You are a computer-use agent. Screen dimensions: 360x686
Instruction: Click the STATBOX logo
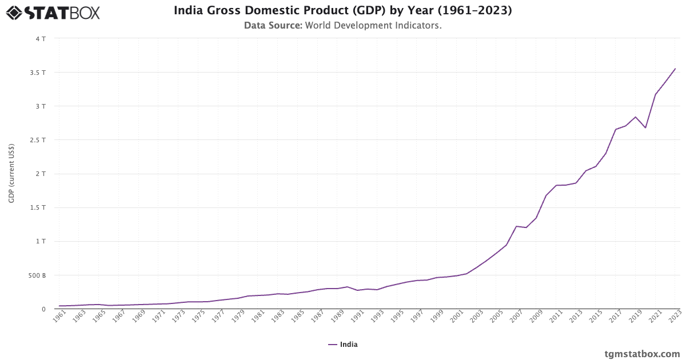click(53, 13)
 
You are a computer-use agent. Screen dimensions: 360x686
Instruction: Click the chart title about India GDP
click(342, 10)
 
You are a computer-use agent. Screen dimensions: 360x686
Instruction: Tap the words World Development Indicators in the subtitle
click(373, 25)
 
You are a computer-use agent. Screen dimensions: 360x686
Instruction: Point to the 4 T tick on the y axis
click(40, 39)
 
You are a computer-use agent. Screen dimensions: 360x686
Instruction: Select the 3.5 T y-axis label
click(38, 73)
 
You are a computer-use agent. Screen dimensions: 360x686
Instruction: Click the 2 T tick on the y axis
click(40, 174)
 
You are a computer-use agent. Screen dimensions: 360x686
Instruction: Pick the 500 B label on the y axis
click(37, 275)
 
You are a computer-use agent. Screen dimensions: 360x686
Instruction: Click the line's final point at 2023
click(675, 69)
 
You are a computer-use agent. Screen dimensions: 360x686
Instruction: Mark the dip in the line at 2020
click(645, 127)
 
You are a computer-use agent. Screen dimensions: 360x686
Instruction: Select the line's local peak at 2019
click(636, 117)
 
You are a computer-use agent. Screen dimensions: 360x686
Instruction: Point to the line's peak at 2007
click(516, 226)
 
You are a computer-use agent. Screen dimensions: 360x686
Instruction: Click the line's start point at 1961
click(59, 306)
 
